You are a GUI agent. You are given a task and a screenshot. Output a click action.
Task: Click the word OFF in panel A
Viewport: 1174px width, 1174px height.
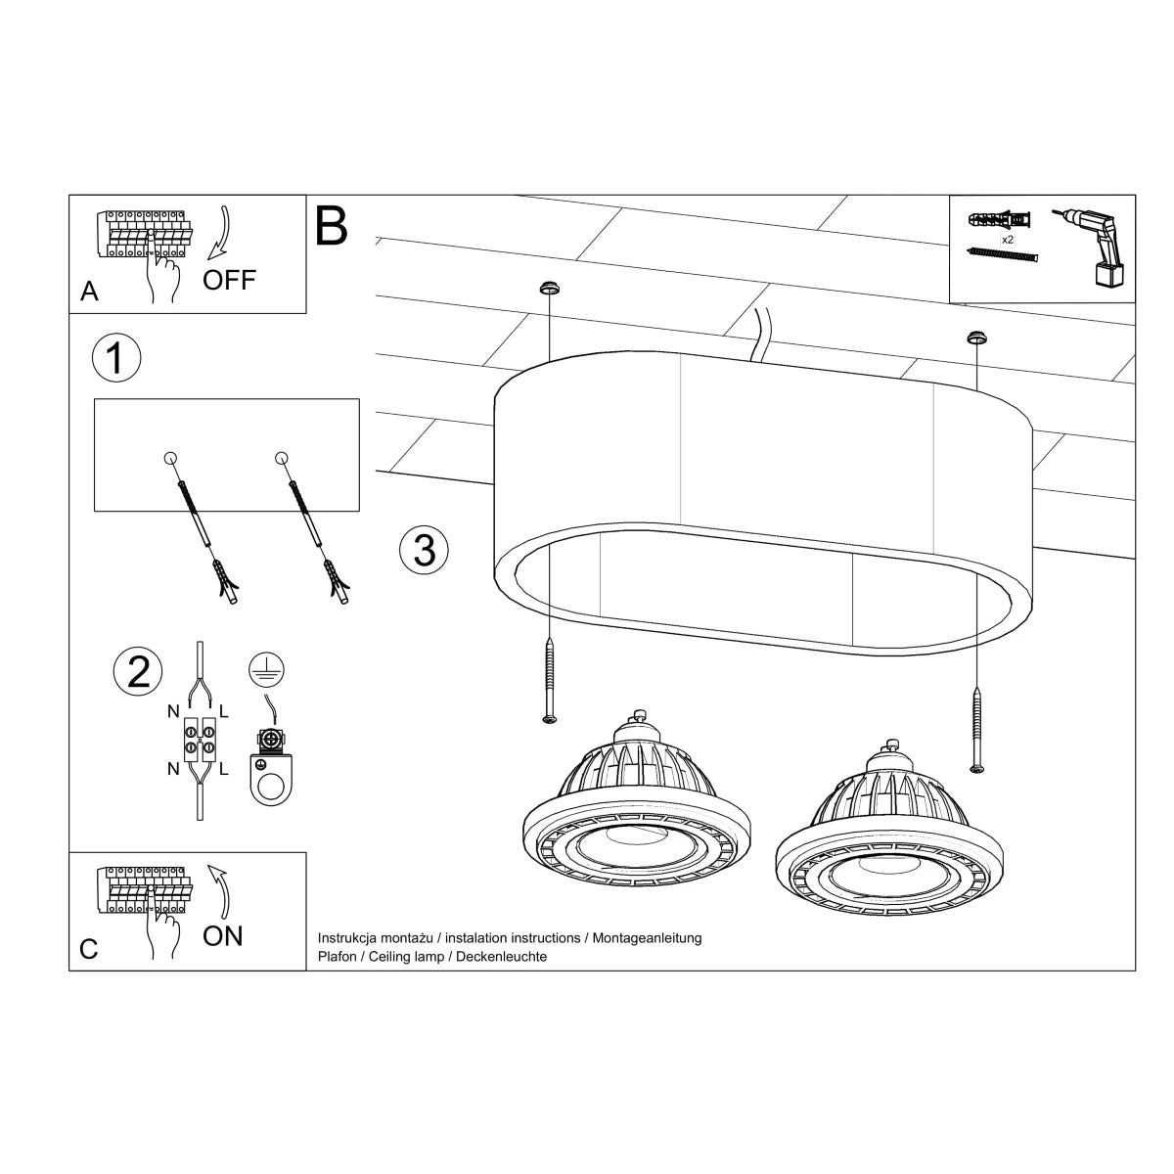point(229,280)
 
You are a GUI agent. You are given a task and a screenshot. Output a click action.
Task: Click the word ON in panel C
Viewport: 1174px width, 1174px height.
point(223,935)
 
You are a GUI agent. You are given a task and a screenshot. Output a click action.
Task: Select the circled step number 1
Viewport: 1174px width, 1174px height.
point(115,358)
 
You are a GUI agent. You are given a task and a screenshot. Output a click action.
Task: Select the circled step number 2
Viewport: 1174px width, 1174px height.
point(138,671)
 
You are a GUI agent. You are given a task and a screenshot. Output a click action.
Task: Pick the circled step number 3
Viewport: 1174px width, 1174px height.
point(424,549)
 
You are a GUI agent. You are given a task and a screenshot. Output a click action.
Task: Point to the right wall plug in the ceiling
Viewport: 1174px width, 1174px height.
point(975,338)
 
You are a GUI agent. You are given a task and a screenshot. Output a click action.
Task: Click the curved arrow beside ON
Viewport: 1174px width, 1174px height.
point(223,888)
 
